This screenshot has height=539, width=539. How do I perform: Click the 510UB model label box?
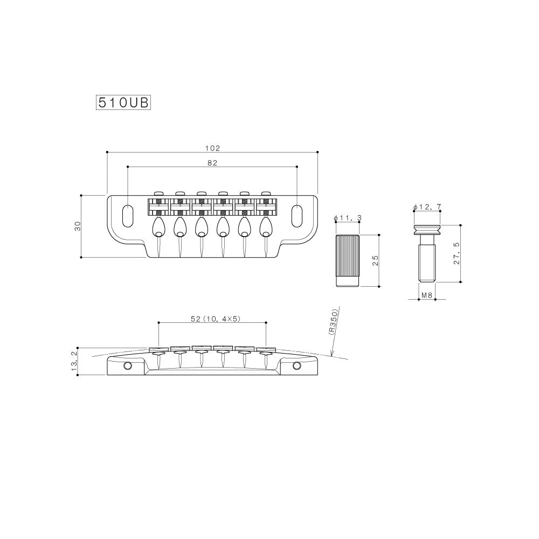coord(123,103)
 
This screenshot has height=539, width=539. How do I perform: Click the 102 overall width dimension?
coord(212,148)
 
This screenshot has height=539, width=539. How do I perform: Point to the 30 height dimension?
coord(78,226)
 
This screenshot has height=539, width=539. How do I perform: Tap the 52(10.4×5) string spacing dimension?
coord(215,319)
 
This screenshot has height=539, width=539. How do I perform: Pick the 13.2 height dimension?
coord(74,360)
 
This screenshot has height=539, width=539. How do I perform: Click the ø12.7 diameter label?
coord(427,207)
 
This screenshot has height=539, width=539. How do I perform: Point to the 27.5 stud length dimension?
coord(457,253)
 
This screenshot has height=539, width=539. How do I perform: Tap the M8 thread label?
coord(427,295)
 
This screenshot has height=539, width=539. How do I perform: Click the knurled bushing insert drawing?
coord(347,261)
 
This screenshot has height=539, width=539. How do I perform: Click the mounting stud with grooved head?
coord(427,253)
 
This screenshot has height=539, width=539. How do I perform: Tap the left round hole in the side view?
coord(128,367)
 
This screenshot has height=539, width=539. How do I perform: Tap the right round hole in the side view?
coord(296,367)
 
